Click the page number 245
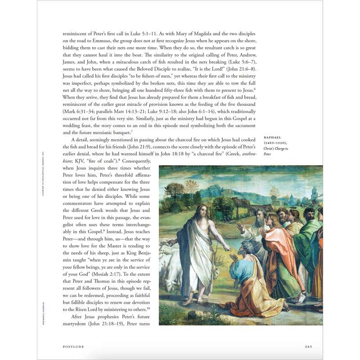coord(308,346)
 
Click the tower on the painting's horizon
coord(314,193)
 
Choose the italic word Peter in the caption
coord(267,154)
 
